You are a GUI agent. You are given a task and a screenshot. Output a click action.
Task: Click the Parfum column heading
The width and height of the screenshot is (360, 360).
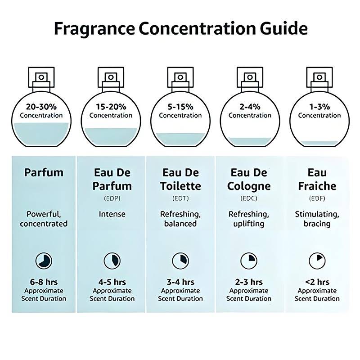pos(44,172)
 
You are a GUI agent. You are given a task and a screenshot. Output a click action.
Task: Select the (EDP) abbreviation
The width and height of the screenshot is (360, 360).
pos(112,198)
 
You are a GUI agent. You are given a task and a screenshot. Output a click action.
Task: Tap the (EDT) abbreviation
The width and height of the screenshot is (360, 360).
pos(180,198)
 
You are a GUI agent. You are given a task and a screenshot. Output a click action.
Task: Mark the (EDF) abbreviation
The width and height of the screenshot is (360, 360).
pos(317,198)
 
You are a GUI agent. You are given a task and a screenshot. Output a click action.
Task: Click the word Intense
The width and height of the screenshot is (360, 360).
pos(112,214)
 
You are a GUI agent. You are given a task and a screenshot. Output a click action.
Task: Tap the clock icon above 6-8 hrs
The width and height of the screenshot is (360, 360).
pos(44,260)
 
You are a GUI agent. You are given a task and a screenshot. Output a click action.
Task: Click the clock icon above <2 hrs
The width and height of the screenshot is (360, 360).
pos(317,260)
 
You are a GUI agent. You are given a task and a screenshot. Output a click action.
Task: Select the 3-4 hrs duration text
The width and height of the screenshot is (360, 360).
pos(180,282)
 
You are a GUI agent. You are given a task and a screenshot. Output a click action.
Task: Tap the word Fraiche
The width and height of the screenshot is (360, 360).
pos(317,185)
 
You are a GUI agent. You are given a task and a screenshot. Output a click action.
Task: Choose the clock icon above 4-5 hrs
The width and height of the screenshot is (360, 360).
pos(112,260)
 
